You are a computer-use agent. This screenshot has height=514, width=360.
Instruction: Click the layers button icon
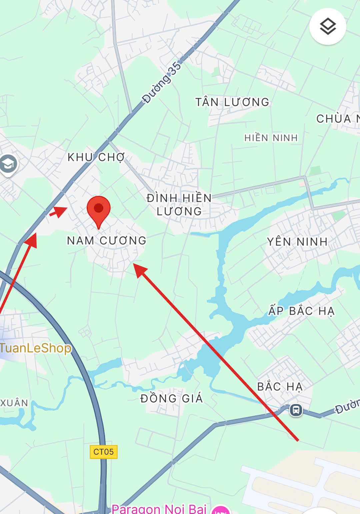(x=328, y=27)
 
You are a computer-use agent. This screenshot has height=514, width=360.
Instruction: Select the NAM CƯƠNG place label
(x=107, y=241)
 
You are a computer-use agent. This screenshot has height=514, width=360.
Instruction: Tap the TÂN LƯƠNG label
(x=232, y=102)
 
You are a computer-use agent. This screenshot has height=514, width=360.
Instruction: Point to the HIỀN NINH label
(x=271, y=138)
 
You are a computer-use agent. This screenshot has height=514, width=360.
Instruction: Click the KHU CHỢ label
(x=96, y=157)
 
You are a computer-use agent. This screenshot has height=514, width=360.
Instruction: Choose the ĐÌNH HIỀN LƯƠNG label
(x=179, y=205)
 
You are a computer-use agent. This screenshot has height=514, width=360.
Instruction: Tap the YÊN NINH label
(x=297, y=242)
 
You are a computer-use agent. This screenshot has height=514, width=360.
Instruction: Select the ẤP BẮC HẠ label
(x=301, y=311)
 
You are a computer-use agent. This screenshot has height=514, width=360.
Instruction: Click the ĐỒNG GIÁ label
(x=171, y=398)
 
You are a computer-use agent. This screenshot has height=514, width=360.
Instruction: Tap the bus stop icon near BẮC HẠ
(x=296, y=410)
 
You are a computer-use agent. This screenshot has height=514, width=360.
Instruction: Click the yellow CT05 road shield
(x=103, y=452)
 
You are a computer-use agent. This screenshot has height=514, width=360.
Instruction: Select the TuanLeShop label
(x=36, y=348)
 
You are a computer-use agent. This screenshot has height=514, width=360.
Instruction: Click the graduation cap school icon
(x=8, y=164)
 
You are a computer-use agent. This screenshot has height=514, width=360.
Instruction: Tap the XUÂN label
(x=14, y=403)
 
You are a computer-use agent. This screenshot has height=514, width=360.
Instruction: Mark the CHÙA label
(x=333, y=119)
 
